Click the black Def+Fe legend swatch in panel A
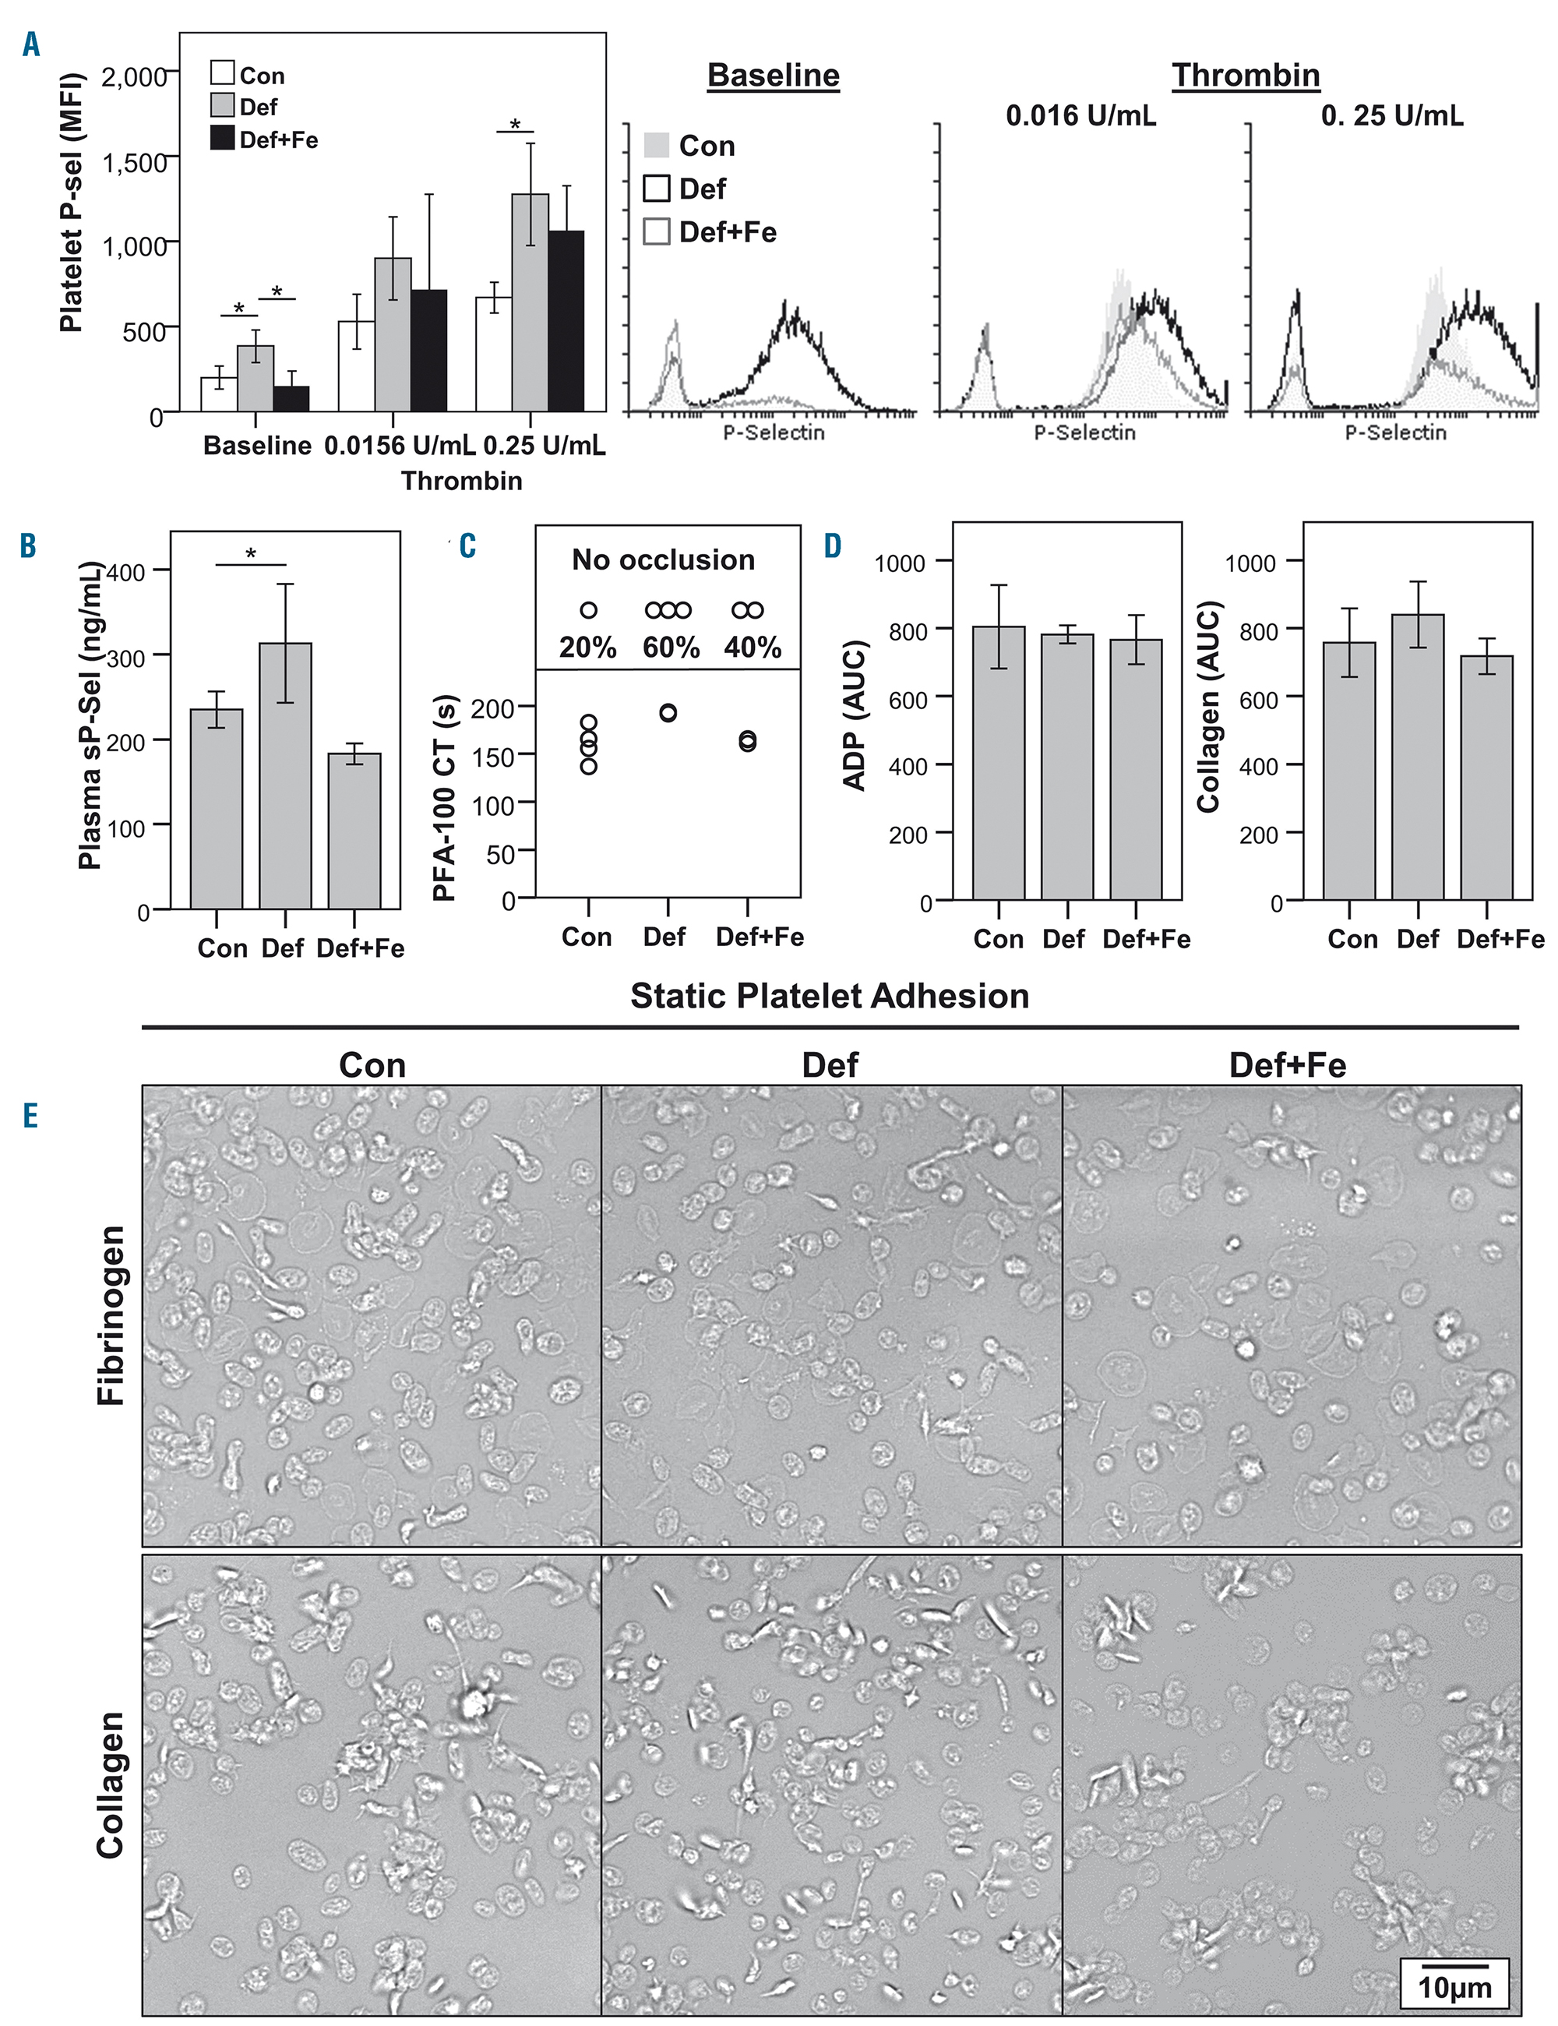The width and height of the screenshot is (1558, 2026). pos(223,139)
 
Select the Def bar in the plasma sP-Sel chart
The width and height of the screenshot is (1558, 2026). pos(284,775)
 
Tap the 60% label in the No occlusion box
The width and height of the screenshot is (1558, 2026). pos(671,647)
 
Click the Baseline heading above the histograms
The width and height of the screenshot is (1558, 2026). pos(774,75)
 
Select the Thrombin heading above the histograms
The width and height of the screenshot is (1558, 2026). pos(1246,75)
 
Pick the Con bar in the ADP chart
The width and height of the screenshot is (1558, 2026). pos(998,763)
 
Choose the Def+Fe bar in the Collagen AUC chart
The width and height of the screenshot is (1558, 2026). pos(1486,778)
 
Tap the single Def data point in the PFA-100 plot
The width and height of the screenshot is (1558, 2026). pos(668,712)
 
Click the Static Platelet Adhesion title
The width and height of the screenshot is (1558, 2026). pos(829,995)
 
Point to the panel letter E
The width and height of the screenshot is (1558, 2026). pos(30,1115)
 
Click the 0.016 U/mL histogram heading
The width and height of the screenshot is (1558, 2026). pos(1080,116)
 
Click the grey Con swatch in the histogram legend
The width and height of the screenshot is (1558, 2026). pos(656,146)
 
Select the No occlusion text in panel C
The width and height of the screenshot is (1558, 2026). pos(663,559)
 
